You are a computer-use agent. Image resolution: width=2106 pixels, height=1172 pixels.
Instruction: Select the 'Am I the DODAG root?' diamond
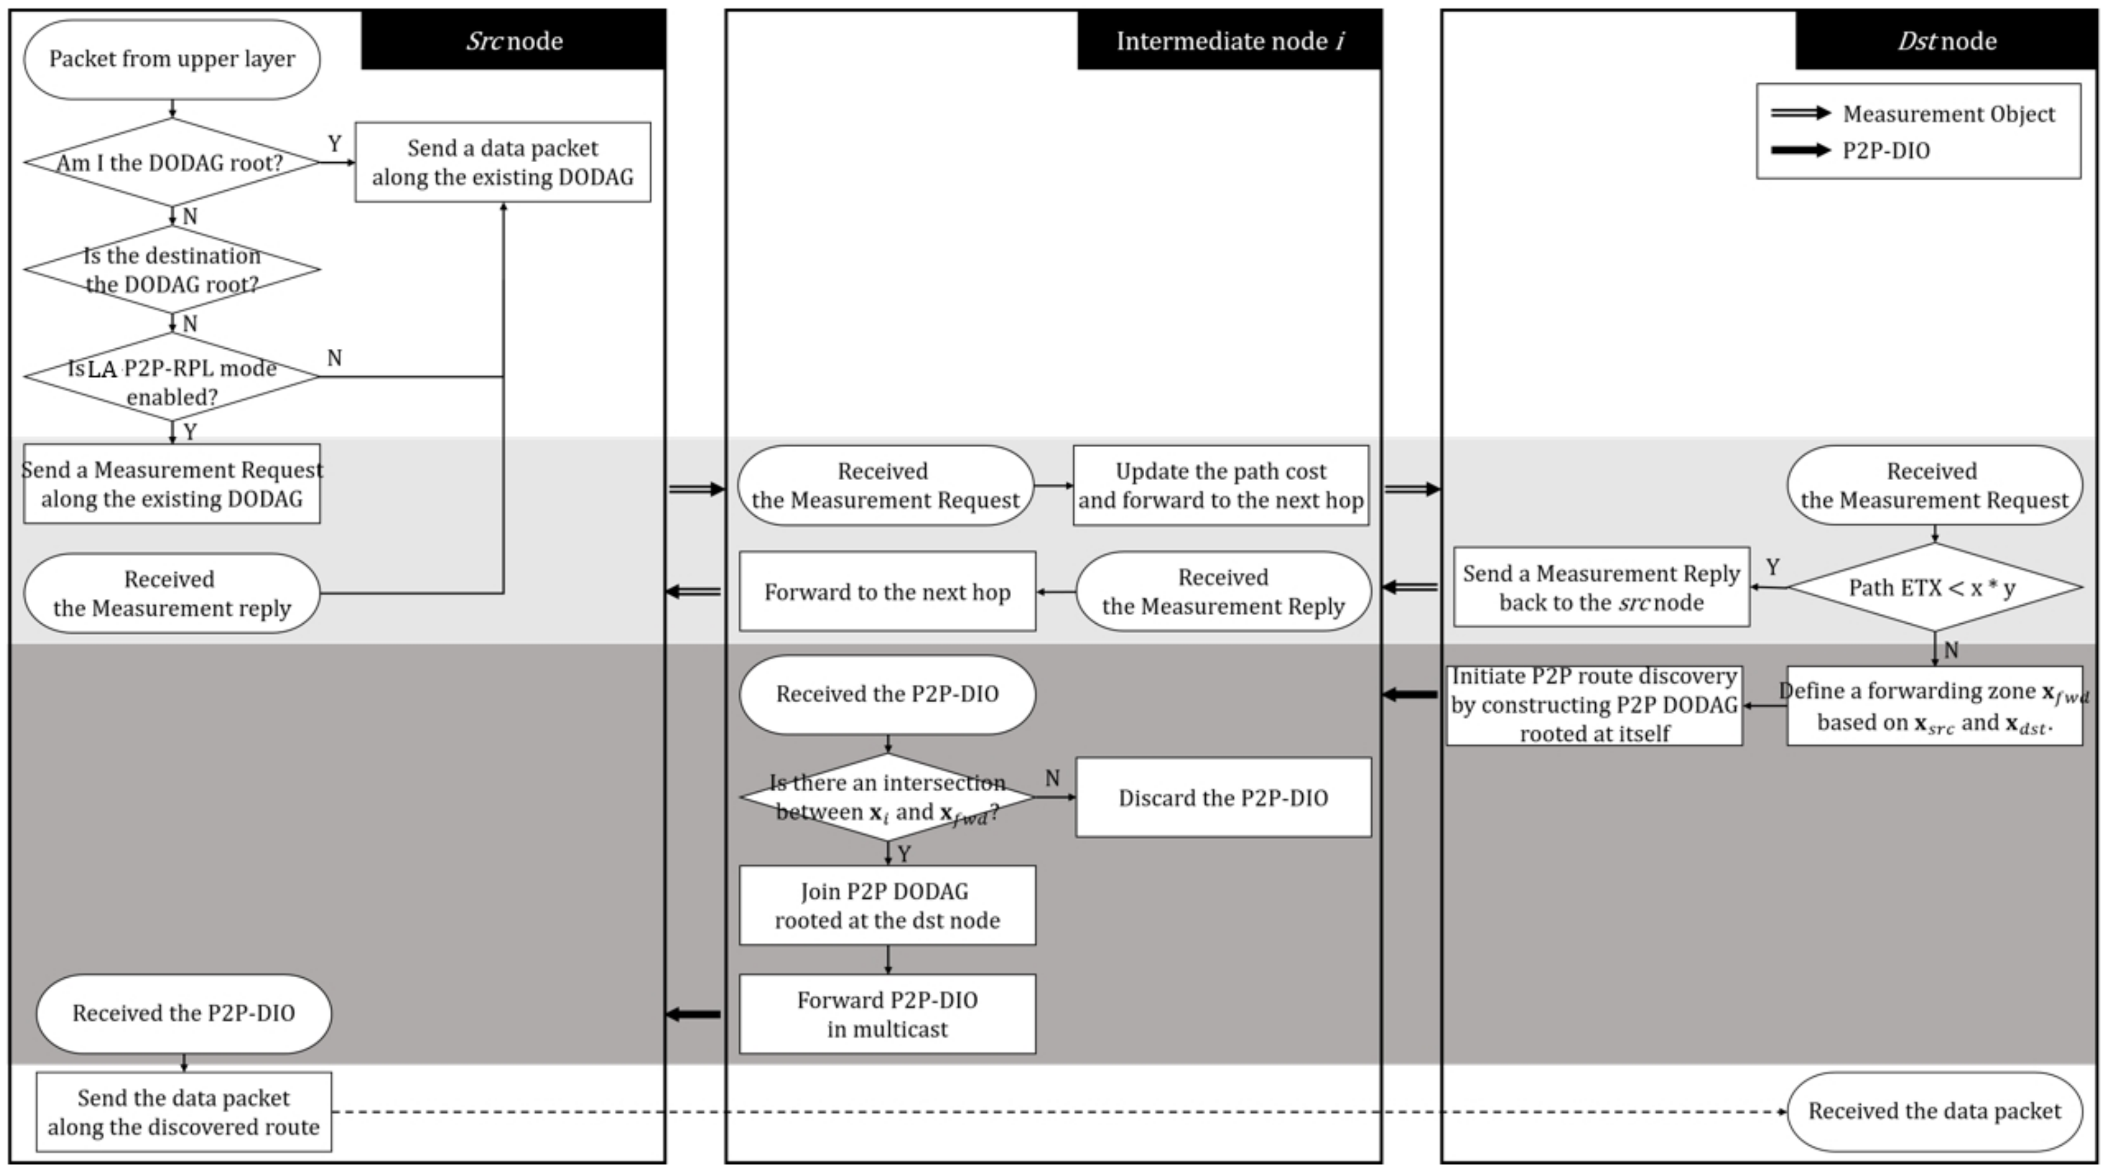(x=171, y=162)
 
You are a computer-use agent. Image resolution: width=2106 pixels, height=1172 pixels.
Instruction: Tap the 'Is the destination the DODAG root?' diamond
(x=171, y=269)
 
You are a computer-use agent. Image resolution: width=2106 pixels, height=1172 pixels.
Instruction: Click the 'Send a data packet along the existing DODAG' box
(x=503, y=162)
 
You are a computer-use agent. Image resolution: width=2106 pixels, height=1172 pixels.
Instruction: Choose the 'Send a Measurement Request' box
(x=171, y=484)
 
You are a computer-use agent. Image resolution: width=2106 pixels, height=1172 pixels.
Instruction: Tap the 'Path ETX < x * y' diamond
(x=1935, y=587)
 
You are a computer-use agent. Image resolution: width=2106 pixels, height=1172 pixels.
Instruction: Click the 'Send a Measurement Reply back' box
(x=1602, y=587)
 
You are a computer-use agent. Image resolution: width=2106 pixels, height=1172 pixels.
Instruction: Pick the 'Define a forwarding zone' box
(x=1935, y=706)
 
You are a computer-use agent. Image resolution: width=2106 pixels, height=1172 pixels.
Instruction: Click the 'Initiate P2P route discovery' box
(x=1594, y=705)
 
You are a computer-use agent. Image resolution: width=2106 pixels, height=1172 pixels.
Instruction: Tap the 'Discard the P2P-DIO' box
(x=1223, y=798)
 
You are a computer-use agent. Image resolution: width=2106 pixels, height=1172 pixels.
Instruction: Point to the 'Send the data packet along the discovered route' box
(x=184, y=1112)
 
